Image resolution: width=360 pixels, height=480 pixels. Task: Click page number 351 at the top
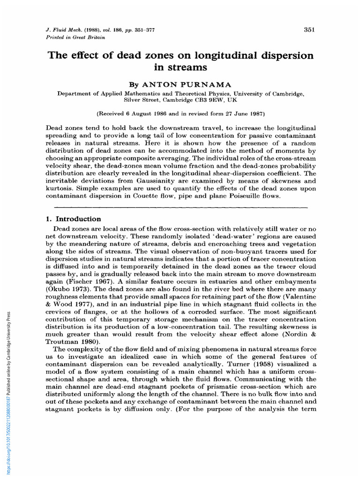309,30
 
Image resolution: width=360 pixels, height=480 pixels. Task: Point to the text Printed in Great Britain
75,37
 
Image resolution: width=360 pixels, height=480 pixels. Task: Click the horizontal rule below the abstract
181,206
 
